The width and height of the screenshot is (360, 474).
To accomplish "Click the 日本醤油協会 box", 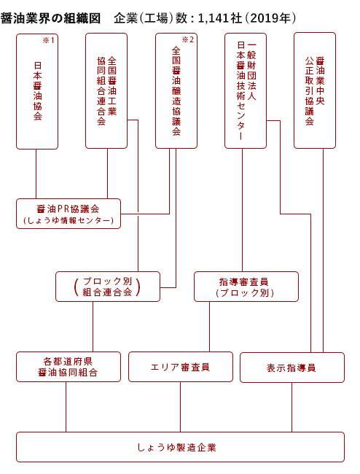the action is click(37, 91).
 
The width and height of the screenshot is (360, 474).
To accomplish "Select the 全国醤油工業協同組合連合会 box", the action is click(106, 90).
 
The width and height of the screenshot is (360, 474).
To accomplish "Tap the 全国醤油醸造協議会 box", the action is click(176, 90).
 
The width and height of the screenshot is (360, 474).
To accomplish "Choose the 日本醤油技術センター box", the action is click(246, 90).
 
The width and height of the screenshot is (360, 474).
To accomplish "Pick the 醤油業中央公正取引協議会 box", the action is click(315, 90).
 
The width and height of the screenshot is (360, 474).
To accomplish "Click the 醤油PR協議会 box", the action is click(69, 214).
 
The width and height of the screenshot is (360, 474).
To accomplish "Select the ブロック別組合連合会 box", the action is click(108, 287).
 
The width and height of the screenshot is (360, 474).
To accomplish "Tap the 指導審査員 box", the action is click(246, 287).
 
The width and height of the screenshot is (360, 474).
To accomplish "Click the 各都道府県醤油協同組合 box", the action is click(69, 367).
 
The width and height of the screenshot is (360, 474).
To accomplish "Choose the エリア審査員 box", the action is click(181, 367).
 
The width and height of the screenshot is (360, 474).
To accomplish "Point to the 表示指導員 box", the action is click(292, 368).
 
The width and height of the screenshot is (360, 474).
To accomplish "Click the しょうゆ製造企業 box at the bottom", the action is click(180, 447).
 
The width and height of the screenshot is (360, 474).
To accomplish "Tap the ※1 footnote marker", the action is click(49, 40).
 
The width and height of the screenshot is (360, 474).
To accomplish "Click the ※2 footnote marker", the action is click(188, 39).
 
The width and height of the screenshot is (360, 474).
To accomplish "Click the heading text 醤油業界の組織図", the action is click(50, 18).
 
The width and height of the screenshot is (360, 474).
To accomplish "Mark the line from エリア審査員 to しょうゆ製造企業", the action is click(180, 407).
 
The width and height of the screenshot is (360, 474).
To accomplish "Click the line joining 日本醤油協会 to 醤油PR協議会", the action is click(36, 174).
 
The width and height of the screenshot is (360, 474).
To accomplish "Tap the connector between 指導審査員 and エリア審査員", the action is click(209, 327).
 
